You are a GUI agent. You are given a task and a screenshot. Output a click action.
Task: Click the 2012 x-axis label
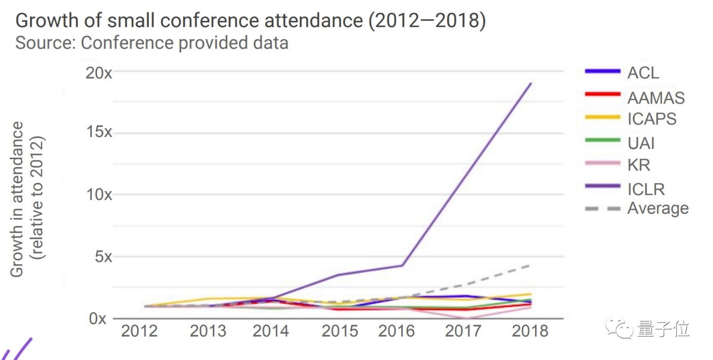pyautogui.click(x=139, y=331)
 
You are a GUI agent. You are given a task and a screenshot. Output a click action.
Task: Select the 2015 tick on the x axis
pyautogui.click(x=340, y=331)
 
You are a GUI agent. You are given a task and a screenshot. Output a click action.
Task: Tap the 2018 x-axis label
pyautogui.click(x=530, y=331)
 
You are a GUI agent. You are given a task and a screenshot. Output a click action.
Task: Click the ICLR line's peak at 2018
pyautogui.click(x=531, y=84)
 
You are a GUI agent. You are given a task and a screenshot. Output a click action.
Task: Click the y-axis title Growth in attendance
pyautogui.click(x=18, y=199)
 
